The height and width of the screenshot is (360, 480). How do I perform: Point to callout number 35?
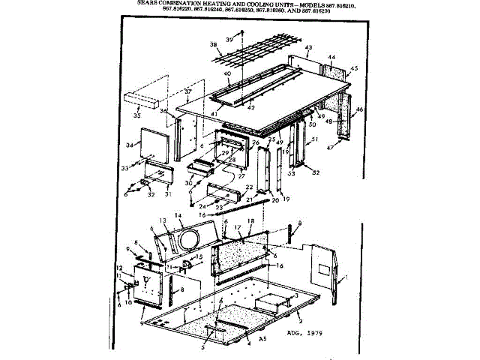click(136, 116)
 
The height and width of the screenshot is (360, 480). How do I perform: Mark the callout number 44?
click(331, 57)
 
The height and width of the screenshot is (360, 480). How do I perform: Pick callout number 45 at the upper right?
click(354, 68)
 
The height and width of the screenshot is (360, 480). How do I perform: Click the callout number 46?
click(360, 109)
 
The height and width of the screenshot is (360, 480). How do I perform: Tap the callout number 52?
click(316, 173)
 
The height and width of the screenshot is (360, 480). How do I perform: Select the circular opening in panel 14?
click(188, 240)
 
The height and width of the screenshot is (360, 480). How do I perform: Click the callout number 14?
click(178, 215)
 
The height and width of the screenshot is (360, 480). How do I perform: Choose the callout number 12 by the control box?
click(118, 268)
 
